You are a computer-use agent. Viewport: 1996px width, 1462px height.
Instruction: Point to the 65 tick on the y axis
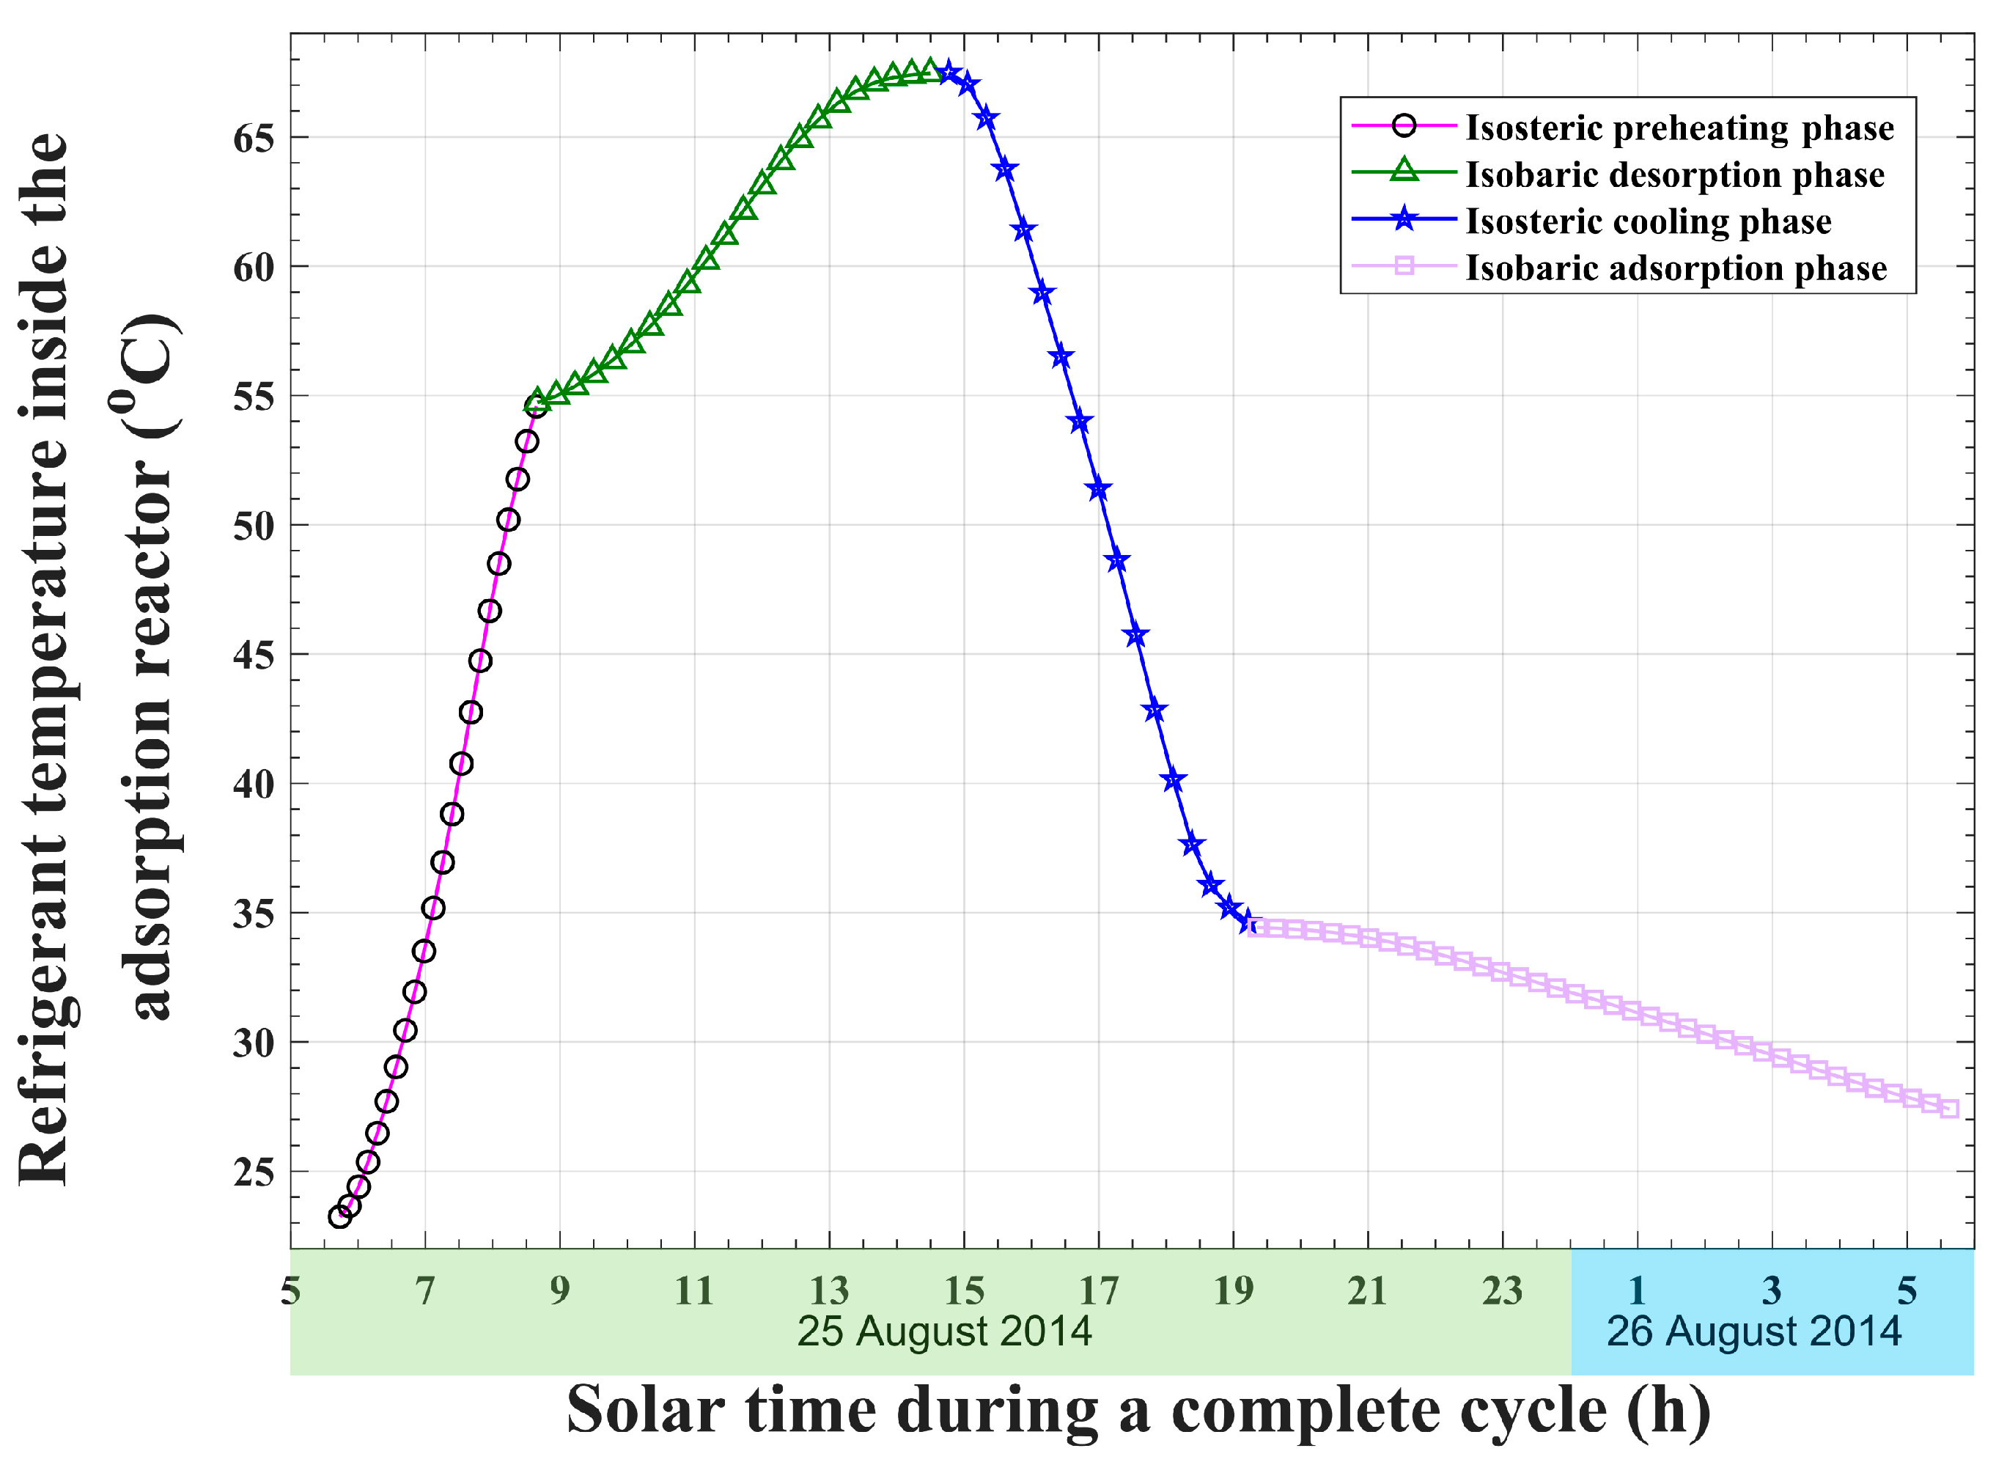(254, 138)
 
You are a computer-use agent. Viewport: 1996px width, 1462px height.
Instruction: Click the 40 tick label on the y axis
(254, 784)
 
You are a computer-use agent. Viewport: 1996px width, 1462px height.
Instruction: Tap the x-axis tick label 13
(829, 1291)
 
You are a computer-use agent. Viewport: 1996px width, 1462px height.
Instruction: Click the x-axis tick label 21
(1368, 1291)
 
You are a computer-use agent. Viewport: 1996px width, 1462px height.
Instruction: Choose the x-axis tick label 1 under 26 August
(1637, 1291)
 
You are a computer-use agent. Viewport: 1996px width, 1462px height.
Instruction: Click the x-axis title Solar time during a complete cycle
(1138, 1410)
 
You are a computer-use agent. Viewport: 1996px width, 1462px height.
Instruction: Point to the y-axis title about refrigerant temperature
(97, 655)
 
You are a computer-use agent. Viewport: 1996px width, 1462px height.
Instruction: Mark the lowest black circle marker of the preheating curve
(339, 1217)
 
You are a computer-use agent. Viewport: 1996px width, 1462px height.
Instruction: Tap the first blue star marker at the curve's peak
(949, 73)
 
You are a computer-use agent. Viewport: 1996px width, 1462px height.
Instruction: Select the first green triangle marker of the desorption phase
(536, 400)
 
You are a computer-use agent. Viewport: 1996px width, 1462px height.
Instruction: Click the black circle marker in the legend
(1404, 125)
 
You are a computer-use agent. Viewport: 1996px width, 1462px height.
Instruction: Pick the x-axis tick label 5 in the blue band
(1907, 1291)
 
